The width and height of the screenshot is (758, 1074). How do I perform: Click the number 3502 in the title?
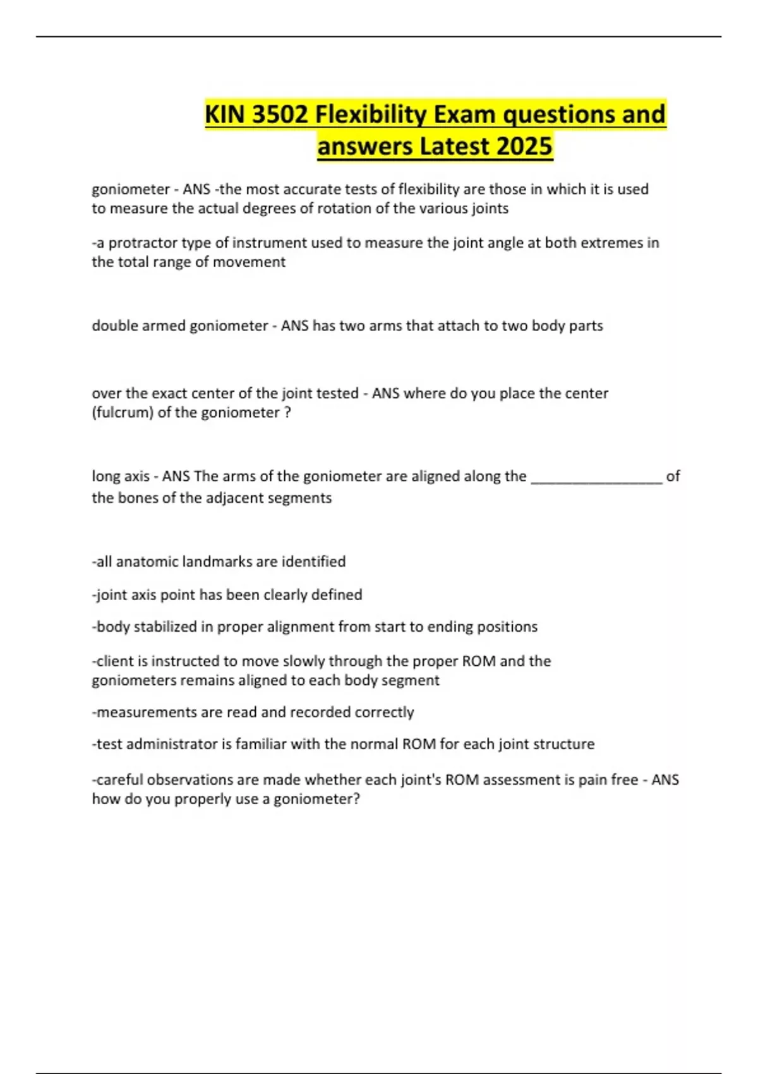280,115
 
